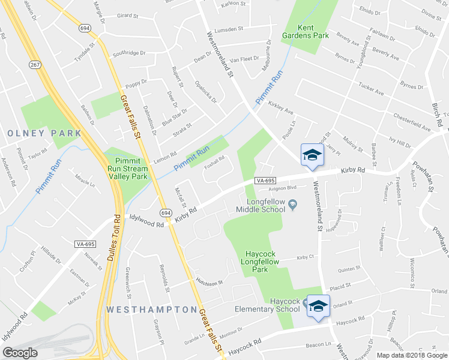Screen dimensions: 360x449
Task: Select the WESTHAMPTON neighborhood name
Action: coord(152,310)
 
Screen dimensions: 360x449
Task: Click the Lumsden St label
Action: coord(227,28)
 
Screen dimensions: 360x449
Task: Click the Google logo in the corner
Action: coord(20,353)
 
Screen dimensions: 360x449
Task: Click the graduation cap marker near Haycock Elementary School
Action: coord(318,306)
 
